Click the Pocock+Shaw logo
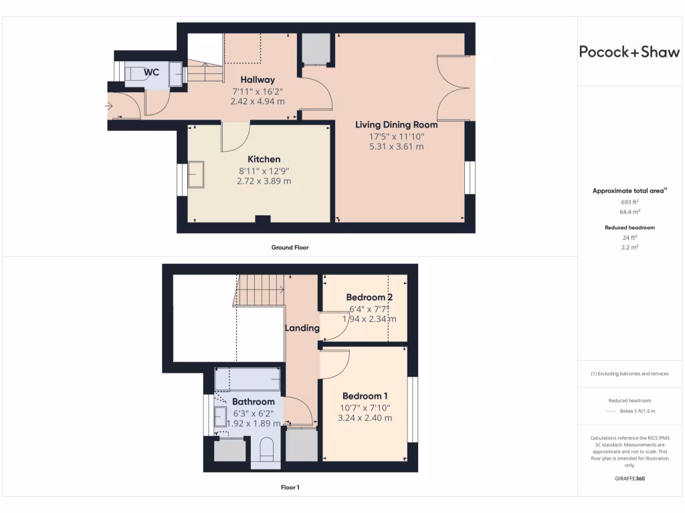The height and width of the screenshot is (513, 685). [629, 52]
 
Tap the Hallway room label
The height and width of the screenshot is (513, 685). [258, 80]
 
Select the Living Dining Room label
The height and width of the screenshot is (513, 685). [396, 125]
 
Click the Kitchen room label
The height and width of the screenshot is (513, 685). [264, 159]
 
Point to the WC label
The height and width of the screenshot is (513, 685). [152, 71]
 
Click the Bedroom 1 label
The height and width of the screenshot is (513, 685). [365, 395]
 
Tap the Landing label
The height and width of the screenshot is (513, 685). [302, 328]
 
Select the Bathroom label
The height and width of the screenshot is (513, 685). [253, 401]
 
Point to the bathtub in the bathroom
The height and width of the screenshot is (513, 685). [248, 379]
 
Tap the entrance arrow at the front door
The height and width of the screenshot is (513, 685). [108, 106]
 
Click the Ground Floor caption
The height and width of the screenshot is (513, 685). [290, 247]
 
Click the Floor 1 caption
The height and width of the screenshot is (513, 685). [290, 488]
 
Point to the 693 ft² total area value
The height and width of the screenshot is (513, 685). [629, 201]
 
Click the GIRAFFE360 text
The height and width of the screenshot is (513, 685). [629, 478]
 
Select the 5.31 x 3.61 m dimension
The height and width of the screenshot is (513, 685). [396, 146]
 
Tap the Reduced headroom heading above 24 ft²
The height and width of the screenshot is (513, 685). [629, 228]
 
